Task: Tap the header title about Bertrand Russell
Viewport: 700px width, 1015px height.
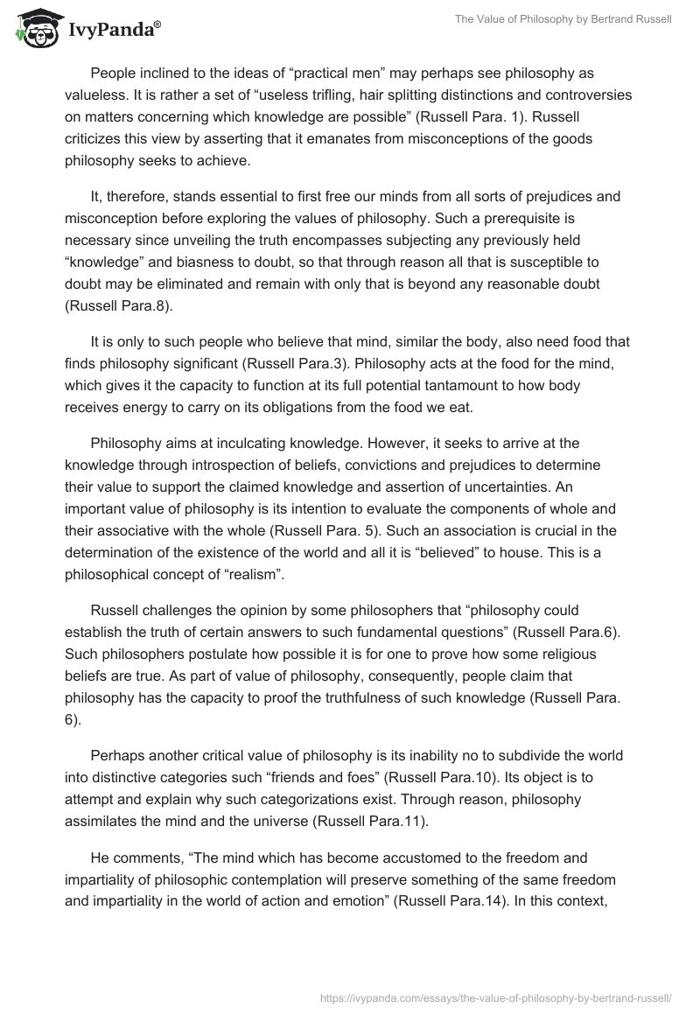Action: pyautogui.click(x=563, y=18)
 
